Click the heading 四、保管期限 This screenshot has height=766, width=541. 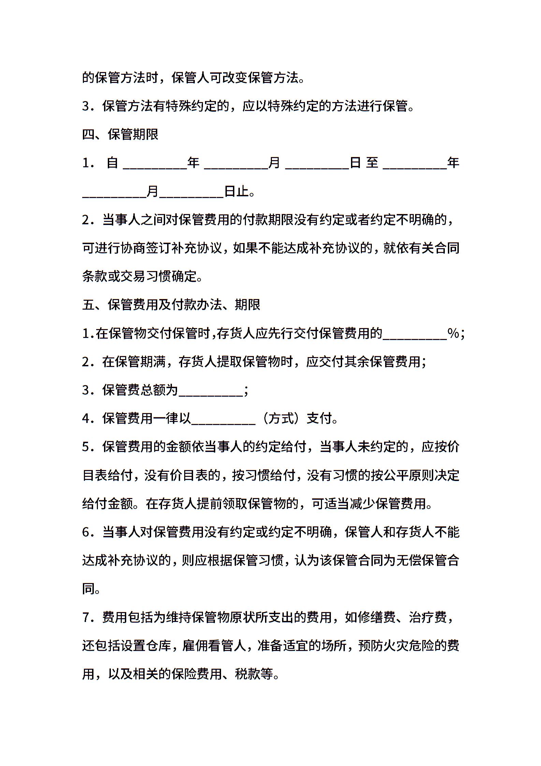tap(120, 134)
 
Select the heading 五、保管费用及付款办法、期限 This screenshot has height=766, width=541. tap(171, 304)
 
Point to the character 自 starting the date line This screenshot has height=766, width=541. tap(112, 163)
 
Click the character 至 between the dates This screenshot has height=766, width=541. tap(372, 163)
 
